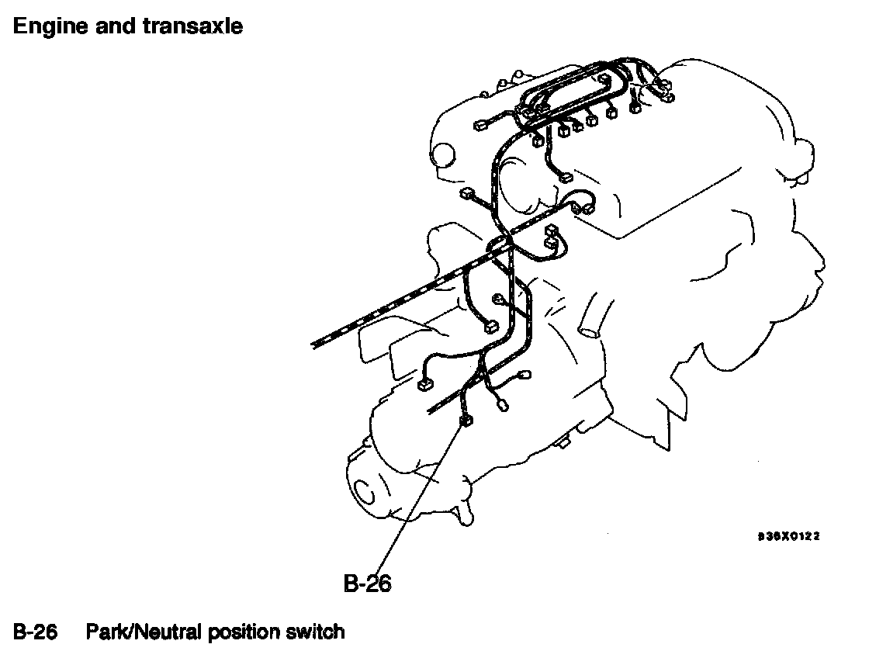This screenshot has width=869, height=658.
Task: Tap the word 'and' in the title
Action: pos(118,26)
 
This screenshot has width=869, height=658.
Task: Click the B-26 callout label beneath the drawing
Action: pos(367,583)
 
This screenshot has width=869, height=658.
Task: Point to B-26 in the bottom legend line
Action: pos(36,632)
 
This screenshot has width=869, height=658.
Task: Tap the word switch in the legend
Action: pos(315,632)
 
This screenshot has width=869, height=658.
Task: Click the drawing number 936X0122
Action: pos(789,535)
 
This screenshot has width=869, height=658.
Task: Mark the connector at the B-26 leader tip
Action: pos(466,421)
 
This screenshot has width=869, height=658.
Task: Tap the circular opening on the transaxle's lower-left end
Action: pos(361,490)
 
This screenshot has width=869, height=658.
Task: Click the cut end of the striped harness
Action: pos(314,343)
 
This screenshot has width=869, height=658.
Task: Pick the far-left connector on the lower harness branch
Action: pos(424,383)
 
